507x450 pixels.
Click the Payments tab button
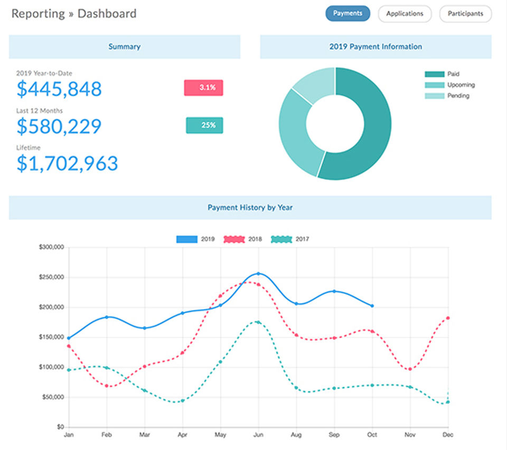click(348, 14)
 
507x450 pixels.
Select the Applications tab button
click(405, 14)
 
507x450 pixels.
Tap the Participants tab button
click(465, 14)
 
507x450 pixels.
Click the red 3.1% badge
click(203, 88)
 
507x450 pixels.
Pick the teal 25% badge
click(204, 125)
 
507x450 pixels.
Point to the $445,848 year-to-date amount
click(59, 89)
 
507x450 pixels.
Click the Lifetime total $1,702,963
click(67, 163)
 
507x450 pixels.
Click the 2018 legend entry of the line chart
click(243, 239)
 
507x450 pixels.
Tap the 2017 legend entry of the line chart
click(290, 239)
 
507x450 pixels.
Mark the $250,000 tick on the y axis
click(52, 277)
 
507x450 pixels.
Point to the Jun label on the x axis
click(258, 435)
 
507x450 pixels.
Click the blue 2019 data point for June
click(258, 273)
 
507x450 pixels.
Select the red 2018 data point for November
click(410, 369)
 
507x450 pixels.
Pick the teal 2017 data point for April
click(182, 401)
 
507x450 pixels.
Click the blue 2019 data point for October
click(372, 306)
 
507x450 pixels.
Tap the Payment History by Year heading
click(250, 208)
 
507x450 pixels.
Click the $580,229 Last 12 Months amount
click(59, 126)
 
